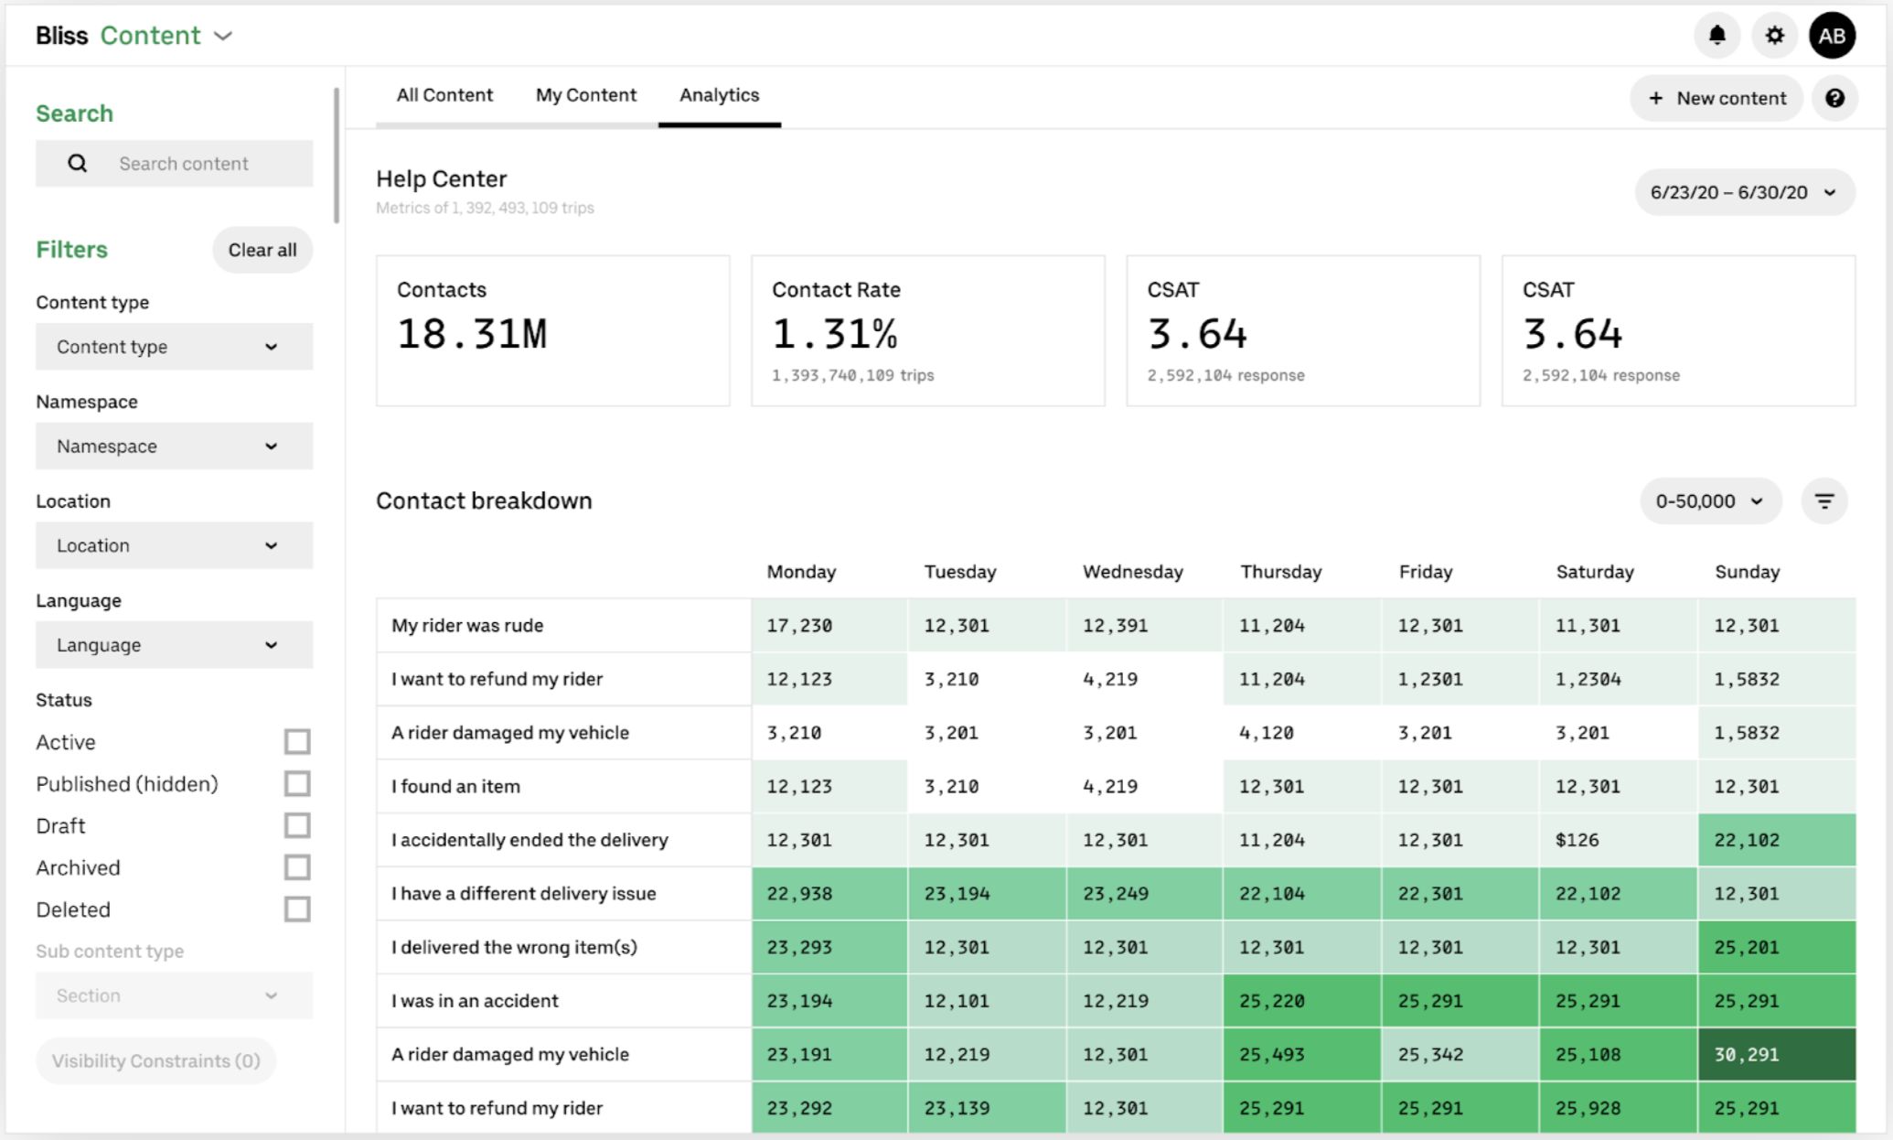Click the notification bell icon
tap(1717, 36)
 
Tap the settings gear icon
tap(1774, 36)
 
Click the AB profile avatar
tap(1832, 36)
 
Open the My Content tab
tap(585, 95)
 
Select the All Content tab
tap(444, 95)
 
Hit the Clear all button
tap(262, 250)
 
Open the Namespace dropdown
tap(174, 446)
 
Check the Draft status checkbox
tap(297, 825)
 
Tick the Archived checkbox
tap(297, 867)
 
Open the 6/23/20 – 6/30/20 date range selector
tap(1743, 192)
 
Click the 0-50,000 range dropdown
tap(1709, 501)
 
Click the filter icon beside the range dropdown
tap(1823, 501)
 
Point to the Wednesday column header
tap(1132, 572)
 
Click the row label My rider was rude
tap(467, 626)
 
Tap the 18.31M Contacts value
tap(472, 334)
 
